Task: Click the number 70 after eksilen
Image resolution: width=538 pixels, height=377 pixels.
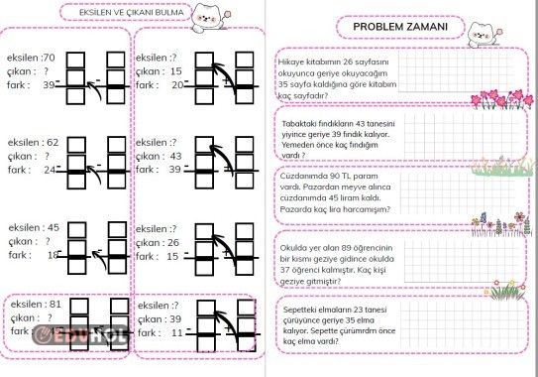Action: (x=49, y=58)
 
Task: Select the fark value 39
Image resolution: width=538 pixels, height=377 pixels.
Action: (x=49, y=85)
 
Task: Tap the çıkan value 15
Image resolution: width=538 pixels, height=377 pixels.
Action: (x=176, y=71)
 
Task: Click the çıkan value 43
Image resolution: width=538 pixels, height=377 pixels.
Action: (x=176, y=156)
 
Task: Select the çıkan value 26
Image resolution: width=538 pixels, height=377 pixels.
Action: (x=176, y=242)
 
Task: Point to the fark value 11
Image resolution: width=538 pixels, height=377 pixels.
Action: (x=178, y=333)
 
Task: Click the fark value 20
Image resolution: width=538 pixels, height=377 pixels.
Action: (x=178, y=85)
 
